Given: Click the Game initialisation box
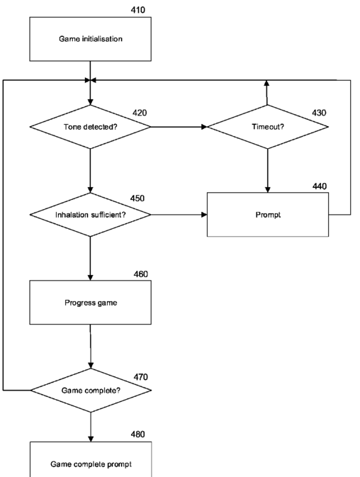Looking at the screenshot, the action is click(90, 39).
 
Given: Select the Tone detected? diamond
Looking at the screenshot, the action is click(90, 127).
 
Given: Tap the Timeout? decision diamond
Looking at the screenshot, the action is click(268, 127).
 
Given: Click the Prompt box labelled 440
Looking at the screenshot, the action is click(268, 215).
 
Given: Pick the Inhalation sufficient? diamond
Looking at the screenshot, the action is click(90, 215).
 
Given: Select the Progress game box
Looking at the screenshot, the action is click(90, 303).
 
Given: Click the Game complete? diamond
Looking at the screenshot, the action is click(91, 391).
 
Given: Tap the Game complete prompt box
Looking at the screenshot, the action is click(91, 459).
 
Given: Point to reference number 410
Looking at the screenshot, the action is click(138, 10).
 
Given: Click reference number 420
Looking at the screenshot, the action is click(140, 113).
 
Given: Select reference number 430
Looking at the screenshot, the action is click(319, 113).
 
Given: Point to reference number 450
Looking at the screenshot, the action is click(137, 198).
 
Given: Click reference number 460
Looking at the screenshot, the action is click(141, 274).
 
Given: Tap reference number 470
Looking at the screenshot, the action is click(141, 377).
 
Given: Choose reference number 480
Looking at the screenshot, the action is click(138, 434).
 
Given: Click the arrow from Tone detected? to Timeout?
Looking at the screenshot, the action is click(179, 127).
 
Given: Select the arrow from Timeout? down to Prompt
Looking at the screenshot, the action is click(268, 171).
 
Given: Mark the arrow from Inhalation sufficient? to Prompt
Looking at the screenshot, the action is click(179, 215).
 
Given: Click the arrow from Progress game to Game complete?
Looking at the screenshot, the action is click(91, 347).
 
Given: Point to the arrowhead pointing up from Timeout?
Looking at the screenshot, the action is click(266, 83).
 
